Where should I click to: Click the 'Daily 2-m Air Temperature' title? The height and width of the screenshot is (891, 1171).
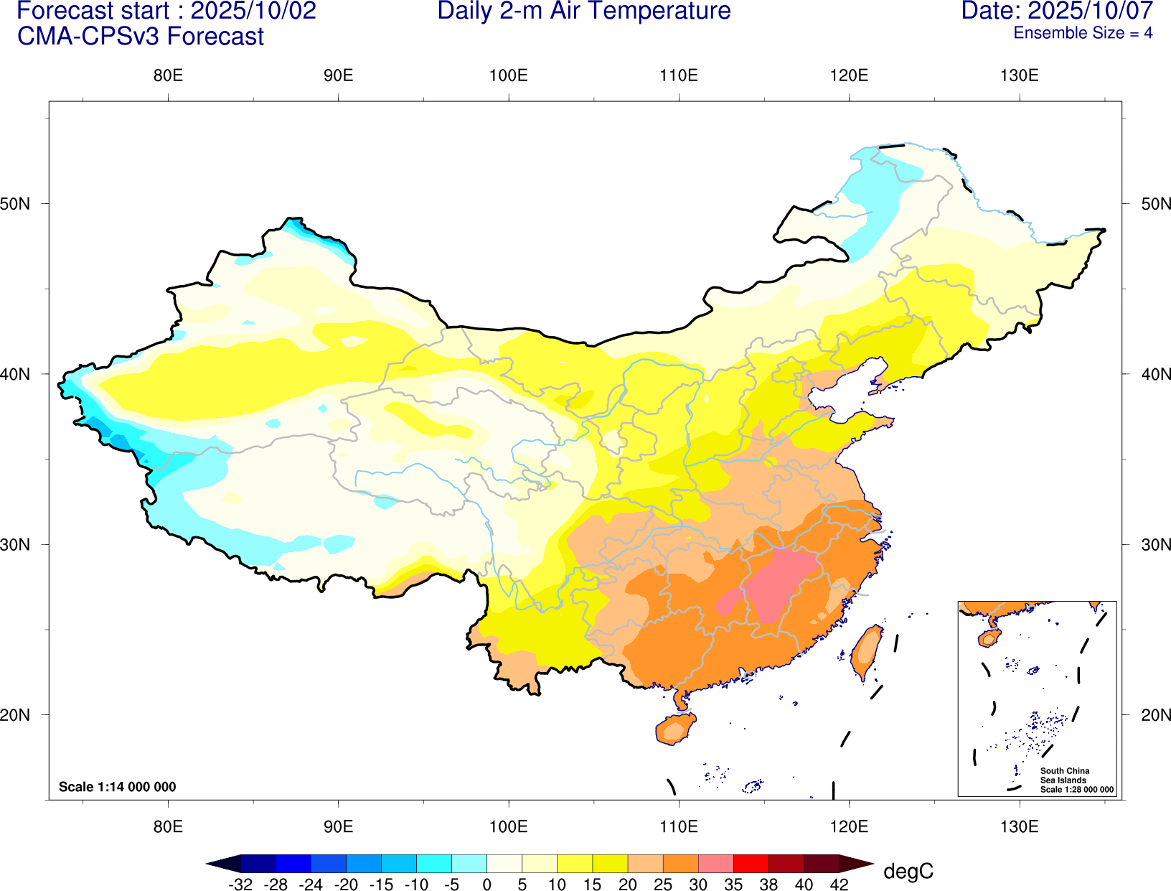pos(584,11)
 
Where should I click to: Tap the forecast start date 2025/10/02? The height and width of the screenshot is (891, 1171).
pos(253,11)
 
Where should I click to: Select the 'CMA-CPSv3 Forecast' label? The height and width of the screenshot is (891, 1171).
pos(141,37)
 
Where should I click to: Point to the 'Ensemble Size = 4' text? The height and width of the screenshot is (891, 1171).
pos(1083,33)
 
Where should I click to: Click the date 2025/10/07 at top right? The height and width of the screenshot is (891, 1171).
pos(1091,11)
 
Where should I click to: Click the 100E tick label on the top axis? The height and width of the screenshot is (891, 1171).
pos(508,76)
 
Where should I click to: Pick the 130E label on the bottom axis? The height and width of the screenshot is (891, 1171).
pos(1019,826)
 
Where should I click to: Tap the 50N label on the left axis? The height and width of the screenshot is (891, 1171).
pos(16,204)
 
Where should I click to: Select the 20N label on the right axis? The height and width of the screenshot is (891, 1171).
pos(1156,715)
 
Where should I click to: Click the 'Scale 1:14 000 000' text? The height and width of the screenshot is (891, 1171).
pos(117,787)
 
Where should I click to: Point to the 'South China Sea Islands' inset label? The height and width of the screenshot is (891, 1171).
pos(1064,775)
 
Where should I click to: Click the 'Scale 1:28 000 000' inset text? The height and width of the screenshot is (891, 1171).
pos(1077,790)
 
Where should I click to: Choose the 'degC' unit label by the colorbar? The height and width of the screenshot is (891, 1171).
pos(908,872)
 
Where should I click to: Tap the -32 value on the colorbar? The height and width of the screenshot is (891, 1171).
pos(240,885)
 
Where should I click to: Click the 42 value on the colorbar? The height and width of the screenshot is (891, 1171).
pos(839,885)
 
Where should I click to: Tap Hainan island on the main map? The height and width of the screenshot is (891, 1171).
pos(674,729)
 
